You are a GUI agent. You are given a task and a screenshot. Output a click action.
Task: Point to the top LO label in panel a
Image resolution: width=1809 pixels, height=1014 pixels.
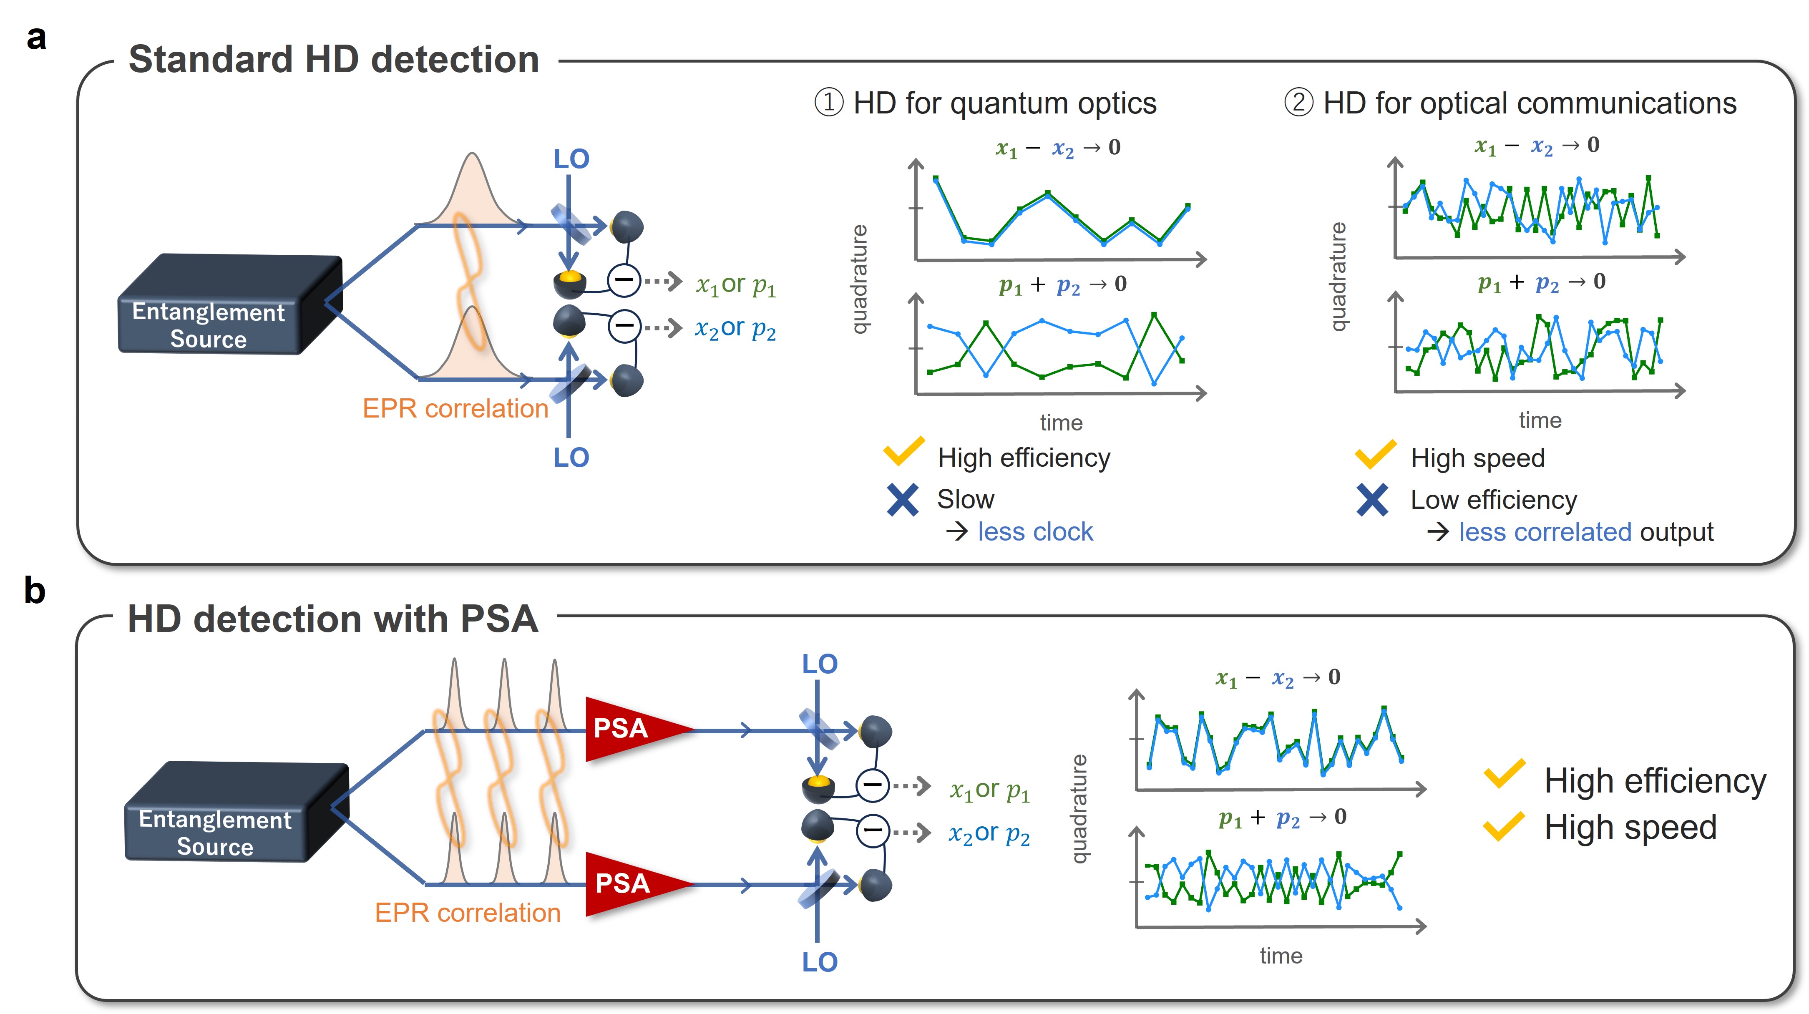click(x=571, y=159)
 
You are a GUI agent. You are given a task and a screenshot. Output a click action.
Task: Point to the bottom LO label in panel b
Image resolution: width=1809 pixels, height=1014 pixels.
click(x=820, y=962)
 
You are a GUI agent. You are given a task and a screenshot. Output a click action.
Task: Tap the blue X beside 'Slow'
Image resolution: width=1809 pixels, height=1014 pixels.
click(x=902, y=499)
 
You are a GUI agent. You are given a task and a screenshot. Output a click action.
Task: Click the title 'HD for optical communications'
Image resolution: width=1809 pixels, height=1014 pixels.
click(x=1530, y=104)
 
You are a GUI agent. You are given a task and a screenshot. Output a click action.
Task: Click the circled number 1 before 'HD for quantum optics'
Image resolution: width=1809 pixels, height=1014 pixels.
click(x=829, y=103)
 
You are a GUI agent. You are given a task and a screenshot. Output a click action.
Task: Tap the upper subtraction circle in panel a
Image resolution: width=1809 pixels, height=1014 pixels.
click(x=623, y=281)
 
